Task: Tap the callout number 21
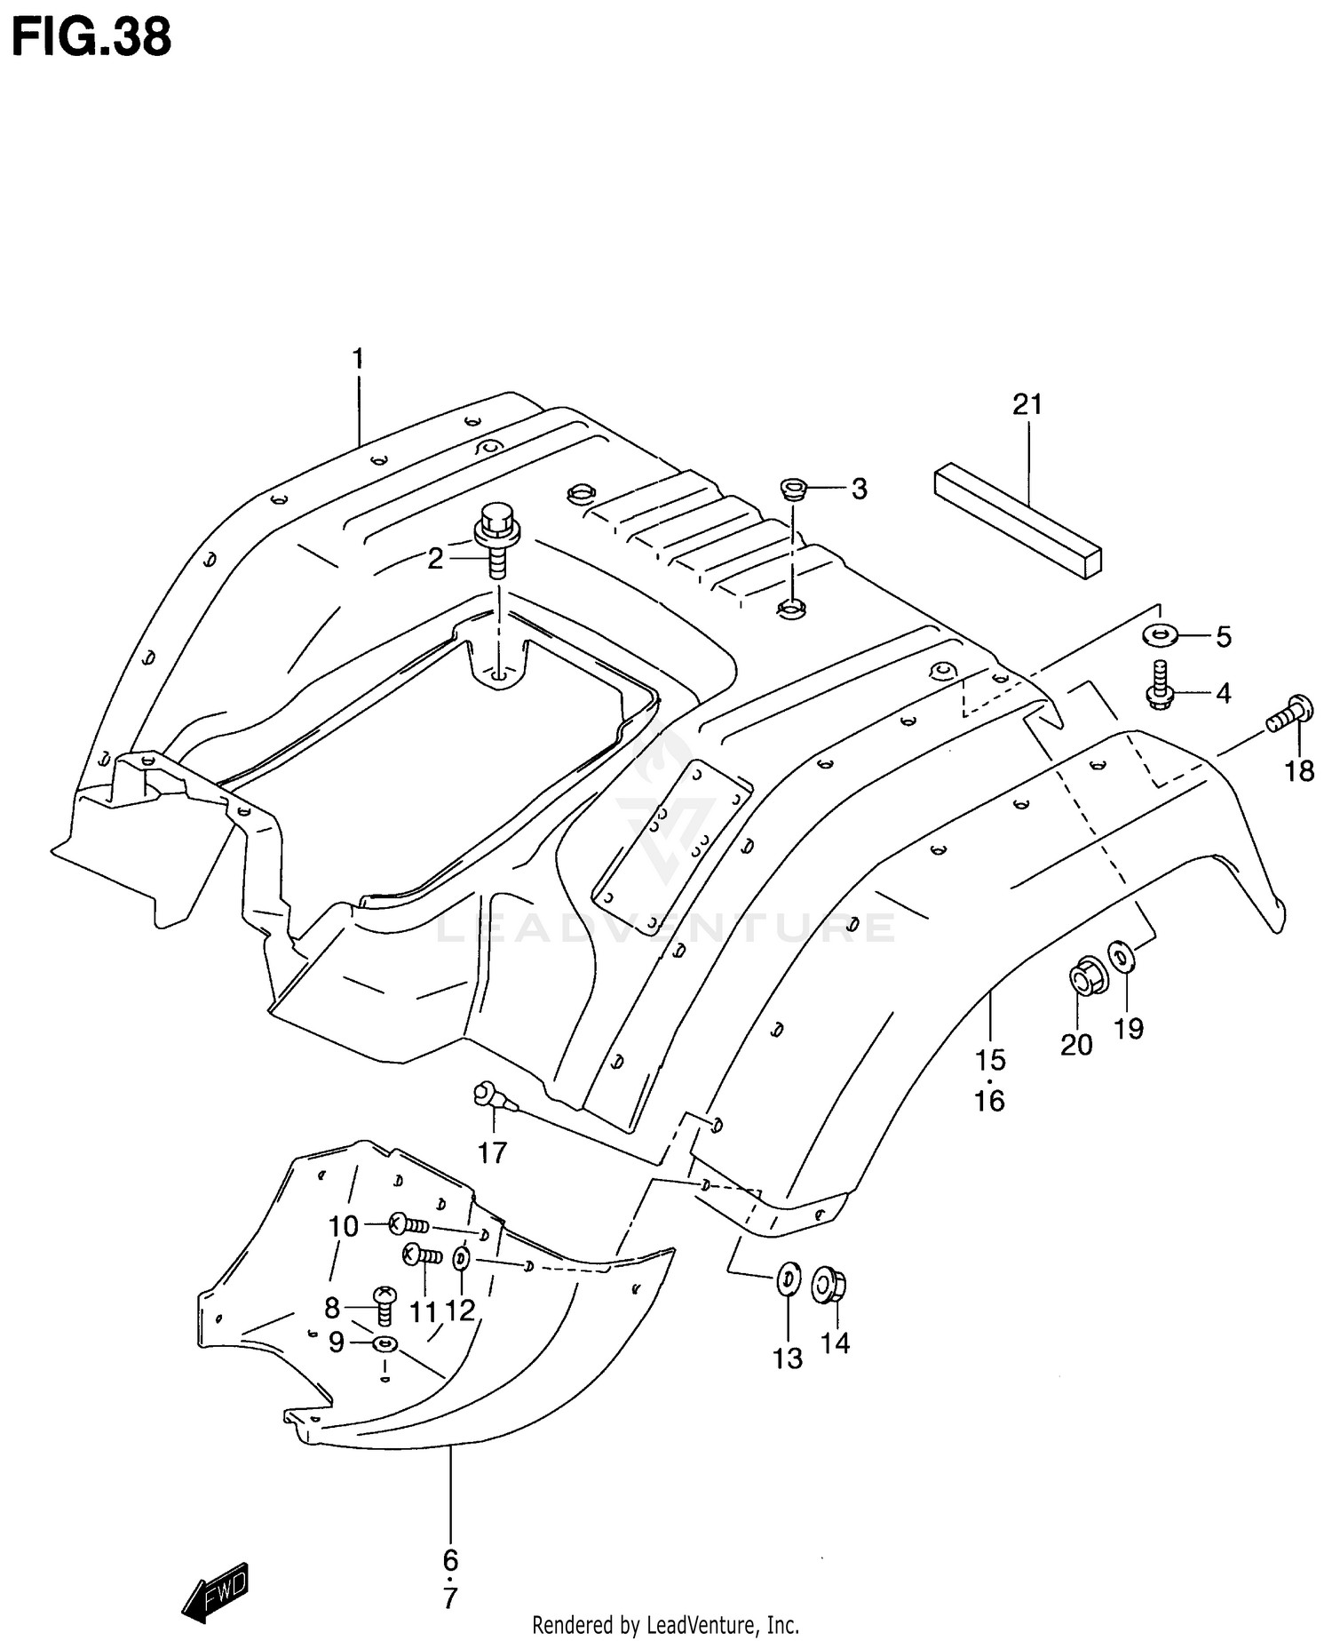pyautogui.click(x=1027, y=405)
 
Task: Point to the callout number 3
pyautogui.click(x=859, y=489)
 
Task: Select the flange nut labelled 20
pyautogui.click(x=1084, y=977)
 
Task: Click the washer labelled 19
pyautogui.click(x=1122, y=960)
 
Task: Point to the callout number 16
pyautogui.click(x=989, y=1101)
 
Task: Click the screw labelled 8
pyautogui.click(x=385, y=1307)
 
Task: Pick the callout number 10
pyautogui.click(x=343, y=1227)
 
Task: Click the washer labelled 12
pyautogui.click(x=462, y=1259)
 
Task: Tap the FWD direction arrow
pyautogui.click(x=216, y=1590)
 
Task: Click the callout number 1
pyautogui.click(x=358, y=360)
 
